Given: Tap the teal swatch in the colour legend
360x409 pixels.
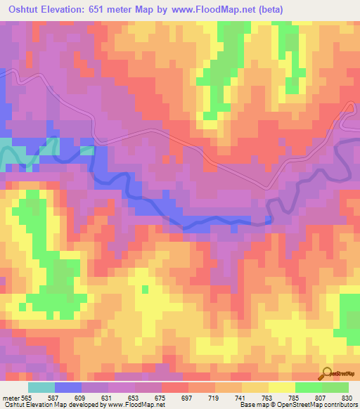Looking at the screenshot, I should (41, 387).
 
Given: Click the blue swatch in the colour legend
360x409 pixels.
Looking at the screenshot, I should (68, 387).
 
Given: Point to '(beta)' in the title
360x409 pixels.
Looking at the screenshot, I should (288, 10).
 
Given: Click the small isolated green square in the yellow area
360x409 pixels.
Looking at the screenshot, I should (145, 289).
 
